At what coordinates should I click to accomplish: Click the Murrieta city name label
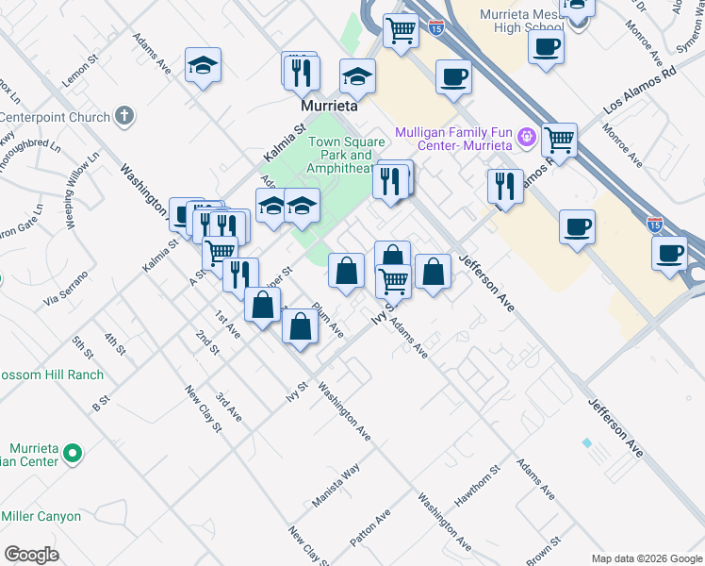point(331,107)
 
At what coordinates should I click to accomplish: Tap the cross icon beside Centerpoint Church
point(123,117)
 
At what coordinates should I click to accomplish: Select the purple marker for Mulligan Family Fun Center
point(527,139)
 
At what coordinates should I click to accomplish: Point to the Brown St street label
point(544,552)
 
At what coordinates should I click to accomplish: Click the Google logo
point(31,555)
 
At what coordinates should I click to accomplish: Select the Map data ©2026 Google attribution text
point(646,558)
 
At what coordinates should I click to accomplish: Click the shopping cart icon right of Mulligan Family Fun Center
point(560,141)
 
